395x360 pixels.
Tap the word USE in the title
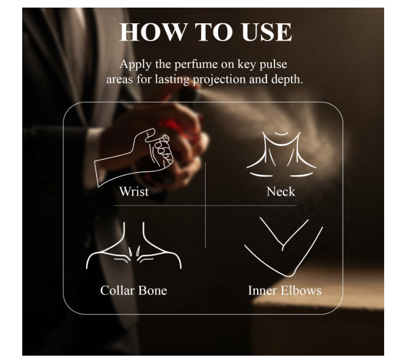click(266, 32)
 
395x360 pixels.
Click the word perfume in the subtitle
click(196, 65)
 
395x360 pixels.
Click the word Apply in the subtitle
click(136, 65)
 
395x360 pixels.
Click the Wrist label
click(134, 191)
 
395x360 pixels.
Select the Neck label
click(281, 191)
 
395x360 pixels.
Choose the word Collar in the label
click(117, 291)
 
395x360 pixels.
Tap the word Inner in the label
click(262, 291)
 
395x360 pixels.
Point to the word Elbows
click(301, 291)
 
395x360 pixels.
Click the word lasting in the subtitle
click(172, 80)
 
